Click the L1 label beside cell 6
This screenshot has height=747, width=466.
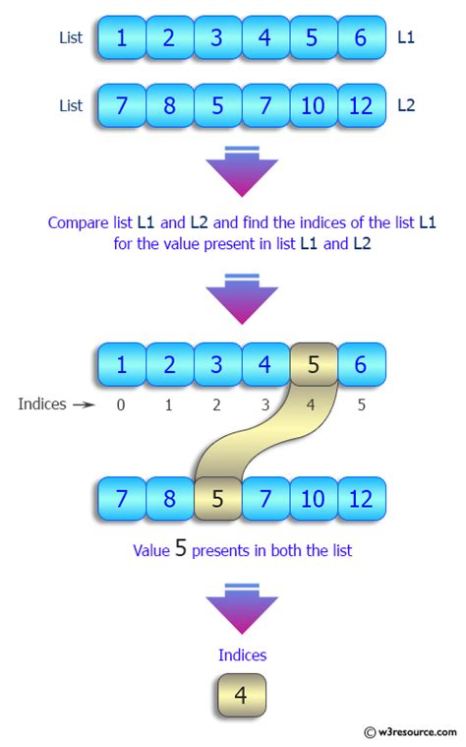click(x=407, y=37)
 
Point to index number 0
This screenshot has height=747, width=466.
click(x=121, y=405)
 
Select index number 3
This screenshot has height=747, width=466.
click(x=264, y=405)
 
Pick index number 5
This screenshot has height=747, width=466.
click(x=361, y=405)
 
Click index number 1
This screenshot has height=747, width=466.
click(x=169, y=405)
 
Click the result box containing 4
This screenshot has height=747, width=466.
click(x=241, y=696)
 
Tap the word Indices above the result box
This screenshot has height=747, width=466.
click(x=242, y=654)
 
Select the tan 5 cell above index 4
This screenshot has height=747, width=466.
click(x=313, y=364)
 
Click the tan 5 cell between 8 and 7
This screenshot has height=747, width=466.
click(x=217, y=498)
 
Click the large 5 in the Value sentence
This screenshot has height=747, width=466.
click(x=180, y=549)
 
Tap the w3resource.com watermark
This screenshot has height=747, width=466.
click(x=412, y=732)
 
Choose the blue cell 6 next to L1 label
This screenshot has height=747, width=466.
click(x=361, y=39)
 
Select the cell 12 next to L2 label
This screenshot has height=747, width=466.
click(x=361, y=105)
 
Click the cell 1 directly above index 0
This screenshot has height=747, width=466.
click(x=121, y=364)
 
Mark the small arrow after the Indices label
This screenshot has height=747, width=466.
click(x=83, y=405)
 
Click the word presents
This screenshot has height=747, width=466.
click(x=227, y=551)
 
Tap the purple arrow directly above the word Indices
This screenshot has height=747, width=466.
click(x=242, y=610)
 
